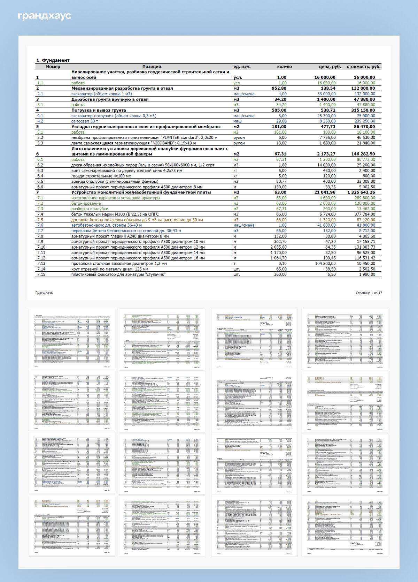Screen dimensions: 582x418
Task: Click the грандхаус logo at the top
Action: click(45, 16)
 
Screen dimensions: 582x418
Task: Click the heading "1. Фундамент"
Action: click(53, 60)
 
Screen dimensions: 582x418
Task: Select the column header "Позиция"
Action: click(152, 66)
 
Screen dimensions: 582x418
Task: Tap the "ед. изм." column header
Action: click(242, 66)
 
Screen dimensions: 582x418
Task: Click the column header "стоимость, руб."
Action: click(363, 66)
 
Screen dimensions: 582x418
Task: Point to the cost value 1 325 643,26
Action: click(361, 192)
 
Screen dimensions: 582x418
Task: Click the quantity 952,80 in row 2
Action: click(279, 88)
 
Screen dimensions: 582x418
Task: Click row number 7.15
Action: click(41, 274)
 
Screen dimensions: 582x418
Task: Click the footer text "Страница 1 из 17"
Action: click(369, 293)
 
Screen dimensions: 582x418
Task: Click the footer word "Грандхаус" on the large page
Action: click(44, 293)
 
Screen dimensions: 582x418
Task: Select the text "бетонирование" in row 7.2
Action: click(86, 203)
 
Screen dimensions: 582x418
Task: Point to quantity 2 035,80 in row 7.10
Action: click(278, 247)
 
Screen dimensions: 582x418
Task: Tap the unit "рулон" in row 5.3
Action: click(239, 143)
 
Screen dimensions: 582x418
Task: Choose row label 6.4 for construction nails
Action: click(40, 176)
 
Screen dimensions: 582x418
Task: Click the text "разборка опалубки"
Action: click(90, 209)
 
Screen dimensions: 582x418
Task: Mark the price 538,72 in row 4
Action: click(327, 110)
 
